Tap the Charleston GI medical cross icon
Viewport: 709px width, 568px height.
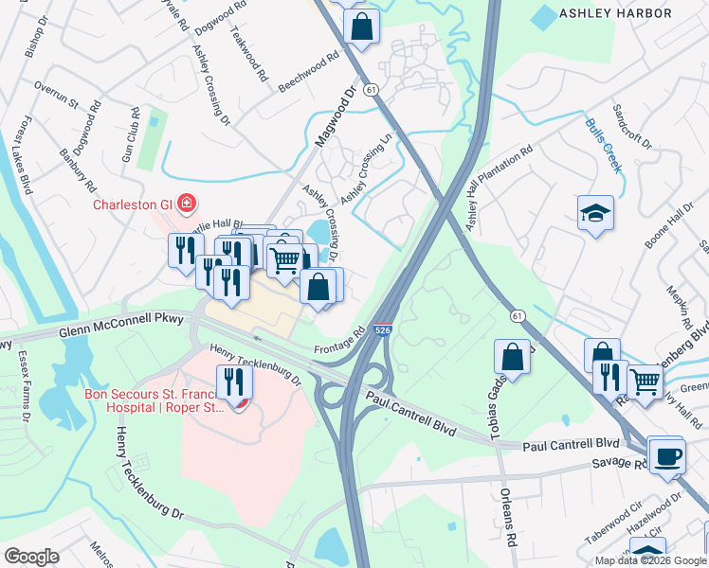tap(186, 204)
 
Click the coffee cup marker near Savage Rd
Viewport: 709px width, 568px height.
tap(667, 455)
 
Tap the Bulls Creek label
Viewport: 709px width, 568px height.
tap(603, 145)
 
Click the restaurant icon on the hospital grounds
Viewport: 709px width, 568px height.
tap(233, 382)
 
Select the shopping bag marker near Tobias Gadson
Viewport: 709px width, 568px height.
tap(512, 358)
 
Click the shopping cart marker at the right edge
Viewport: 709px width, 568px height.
tap(645, 382)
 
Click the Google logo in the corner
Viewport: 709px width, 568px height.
tap(31, 556)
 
